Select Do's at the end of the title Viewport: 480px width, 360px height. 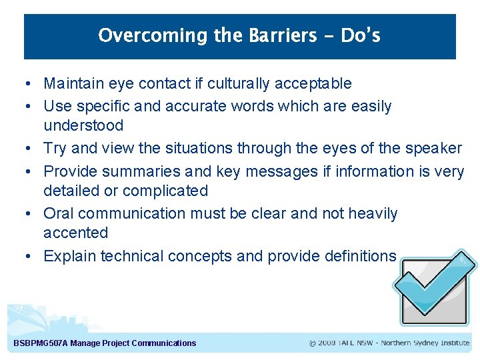(x=360, y=35)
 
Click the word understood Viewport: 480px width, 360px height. (x=83, y=125)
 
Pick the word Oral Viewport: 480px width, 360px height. (x=58, y=213)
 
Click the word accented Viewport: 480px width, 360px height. (x=75, y=233)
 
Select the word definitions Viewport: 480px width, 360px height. (x=358, y=256)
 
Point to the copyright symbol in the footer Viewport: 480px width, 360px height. (x=313, y=343)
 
